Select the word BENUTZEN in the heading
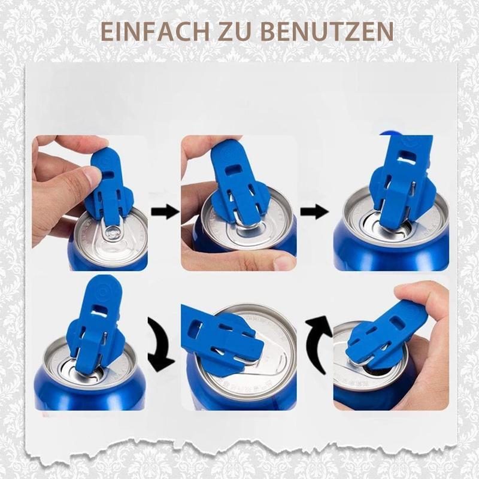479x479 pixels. [x=328, y=31]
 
